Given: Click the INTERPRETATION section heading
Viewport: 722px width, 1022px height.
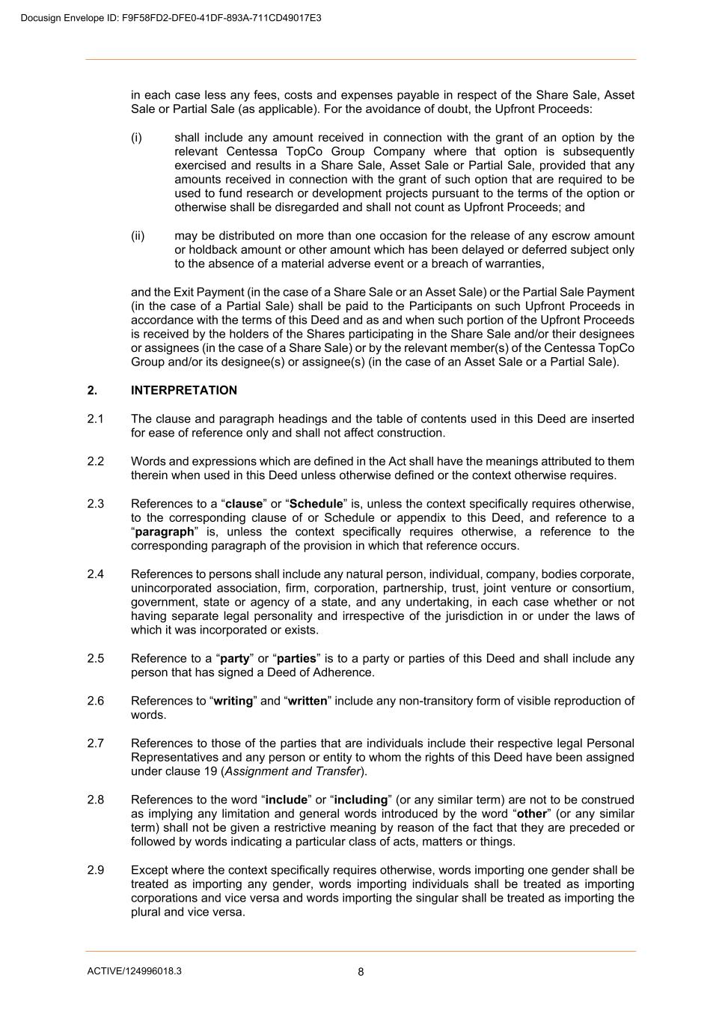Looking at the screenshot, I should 183,390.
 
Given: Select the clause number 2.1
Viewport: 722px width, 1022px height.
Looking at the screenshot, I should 95,419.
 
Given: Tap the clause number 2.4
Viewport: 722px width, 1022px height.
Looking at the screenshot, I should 95,574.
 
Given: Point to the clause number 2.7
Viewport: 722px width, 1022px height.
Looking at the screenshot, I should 95,743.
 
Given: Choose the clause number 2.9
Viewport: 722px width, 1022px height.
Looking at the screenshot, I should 95,870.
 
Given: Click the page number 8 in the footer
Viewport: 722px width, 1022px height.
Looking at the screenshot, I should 361,972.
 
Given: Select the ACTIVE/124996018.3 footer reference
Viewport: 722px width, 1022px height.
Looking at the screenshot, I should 134,971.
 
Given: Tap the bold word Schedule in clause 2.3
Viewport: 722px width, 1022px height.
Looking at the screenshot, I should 316,504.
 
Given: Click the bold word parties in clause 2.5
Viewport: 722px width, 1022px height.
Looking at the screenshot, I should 296,659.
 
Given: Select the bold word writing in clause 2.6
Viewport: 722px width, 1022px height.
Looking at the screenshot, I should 233,701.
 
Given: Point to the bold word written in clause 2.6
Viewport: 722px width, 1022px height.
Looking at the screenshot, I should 308,701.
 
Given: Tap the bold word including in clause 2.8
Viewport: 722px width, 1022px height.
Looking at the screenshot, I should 361,800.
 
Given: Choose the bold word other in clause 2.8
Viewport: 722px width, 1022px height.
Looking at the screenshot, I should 532,814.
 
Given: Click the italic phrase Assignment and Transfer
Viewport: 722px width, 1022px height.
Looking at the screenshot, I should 293,771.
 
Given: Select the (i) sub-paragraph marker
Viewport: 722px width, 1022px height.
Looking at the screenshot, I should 136,137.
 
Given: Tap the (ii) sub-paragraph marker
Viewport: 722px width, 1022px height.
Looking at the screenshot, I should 138,236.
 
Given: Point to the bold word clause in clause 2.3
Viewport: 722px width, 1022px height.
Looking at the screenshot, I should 244,504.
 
